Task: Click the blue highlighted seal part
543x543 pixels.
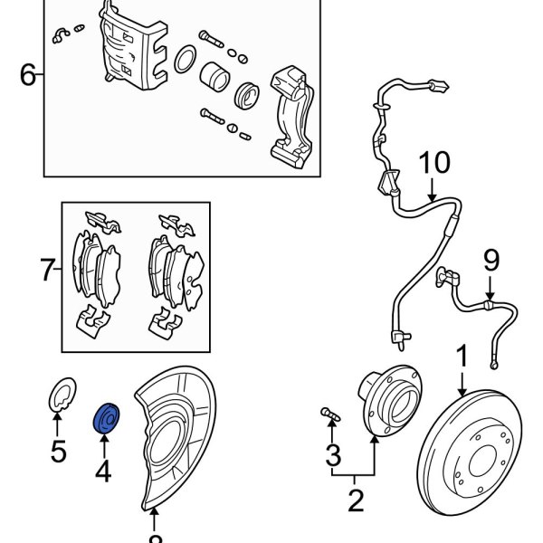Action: click(107, 418)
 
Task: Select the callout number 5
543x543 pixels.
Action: click(58, 451)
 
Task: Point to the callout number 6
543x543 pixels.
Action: click(28, 75)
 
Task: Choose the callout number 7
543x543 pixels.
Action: click(47, 269)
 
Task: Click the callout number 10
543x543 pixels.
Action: click(433, 165)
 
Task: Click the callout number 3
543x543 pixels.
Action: click(333, 452)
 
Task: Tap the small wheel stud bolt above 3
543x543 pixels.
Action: click(330, 415)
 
